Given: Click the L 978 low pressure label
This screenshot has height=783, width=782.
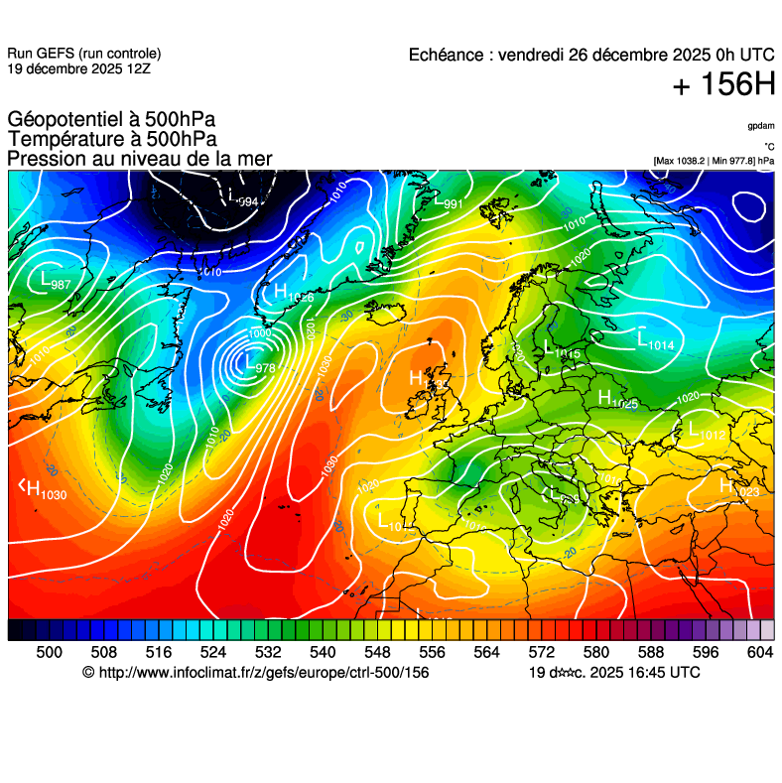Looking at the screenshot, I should coord(259,366).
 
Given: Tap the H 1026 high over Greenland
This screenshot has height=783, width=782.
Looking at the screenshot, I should coord(294,294).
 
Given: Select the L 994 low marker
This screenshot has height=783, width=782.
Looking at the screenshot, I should coord(243,200).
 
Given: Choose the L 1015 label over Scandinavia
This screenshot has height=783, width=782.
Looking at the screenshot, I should coord(562,349).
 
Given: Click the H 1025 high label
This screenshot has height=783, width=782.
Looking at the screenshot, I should coord(617,400).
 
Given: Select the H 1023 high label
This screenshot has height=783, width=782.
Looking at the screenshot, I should coord(739,488).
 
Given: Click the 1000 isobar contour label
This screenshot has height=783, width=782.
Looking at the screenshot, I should coord(260,333).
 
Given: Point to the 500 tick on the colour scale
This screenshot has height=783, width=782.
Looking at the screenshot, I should coord(49,651).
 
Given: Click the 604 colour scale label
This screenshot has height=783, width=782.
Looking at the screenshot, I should coord(760,651).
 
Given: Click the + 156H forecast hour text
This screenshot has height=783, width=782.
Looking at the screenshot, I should coord(723,85).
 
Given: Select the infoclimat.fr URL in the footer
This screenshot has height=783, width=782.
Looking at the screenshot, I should coord(255,673).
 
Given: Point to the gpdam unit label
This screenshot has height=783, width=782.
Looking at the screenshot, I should coord(761,126).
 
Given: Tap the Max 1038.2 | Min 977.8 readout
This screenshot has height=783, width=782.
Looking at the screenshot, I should coord(714,160).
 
